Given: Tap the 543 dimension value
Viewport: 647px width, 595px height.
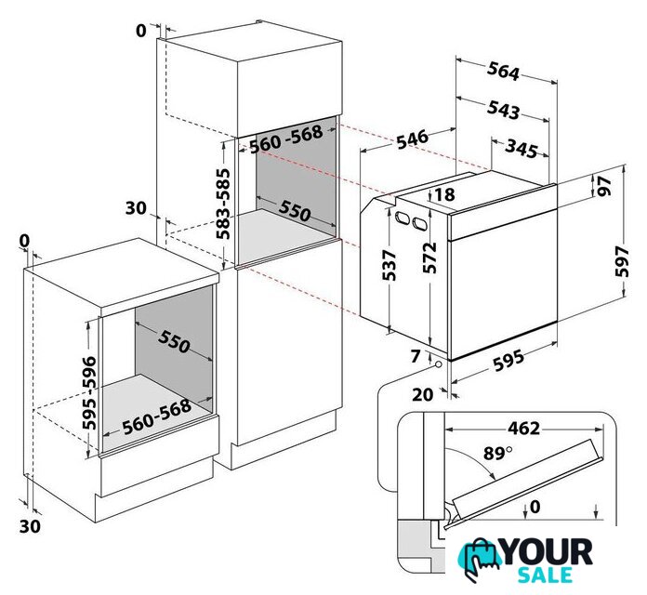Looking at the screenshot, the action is (x=503, y=110).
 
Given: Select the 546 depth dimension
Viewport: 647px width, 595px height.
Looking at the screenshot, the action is (x=412, y=139).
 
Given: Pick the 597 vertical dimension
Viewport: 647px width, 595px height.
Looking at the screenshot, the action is (x=621, y=261).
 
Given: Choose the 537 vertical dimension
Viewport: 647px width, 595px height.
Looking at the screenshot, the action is (x=390, y=265).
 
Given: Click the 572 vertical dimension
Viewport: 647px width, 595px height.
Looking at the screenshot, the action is (x=429, y=258).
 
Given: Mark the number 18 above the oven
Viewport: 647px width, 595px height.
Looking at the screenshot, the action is (x=444, y=194).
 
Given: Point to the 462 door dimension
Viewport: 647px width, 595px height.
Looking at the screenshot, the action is (x=523, y=429).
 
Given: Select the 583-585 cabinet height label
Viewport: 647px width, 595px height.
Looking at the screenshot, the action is (x=223, y=204).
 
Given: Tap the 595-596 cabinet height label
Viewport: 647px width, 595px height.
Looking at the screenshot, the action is (x=89, y=393).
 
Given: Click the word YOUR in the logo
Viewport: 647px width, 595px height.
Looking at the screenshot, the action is (x=548, y=552).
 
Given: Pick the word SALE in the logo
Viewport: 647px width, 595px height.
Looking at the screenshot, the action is (x=545, y=575).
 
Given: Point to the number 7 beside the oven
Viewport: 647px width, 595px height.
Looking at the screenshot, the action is (x=416, y=356).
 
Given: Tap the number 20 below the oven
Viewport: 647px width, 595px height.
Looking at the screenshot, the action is (x=423, y=395).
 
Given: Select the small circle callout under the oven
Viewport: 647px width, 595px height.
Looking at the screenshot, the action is (x=438, y=364).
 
